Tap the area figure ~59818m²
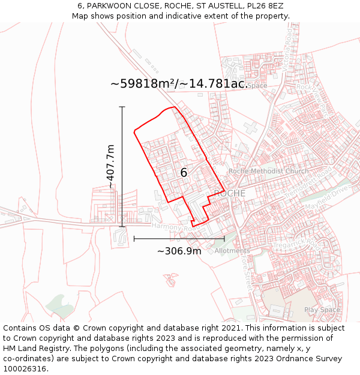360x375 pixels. pyautogui.click(x=144, y=83)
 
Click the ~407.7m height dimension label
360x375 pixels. pyautogui.click(x=110, y=167)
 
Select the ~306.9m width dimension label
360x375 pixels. pyautogui.click(x=179, y=251)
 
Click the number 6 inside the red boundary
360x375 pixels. pyautogui.click(x=184, y=173)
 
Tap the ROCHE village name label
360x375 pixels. pyautogui.click(x=230, y=193)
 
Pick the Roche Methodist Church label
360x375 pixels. pyautogui.click(x=268, y=171)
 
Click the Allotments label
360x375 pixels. pyautogui.click(x=232, y=251)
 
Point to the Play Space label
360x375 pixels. pyautogui.click(x=322, y=310)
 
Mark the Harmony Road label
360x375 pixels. pyautogui.click(x=174, y=227)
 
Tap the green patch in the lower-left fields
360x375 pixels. pyautogui.click(x=58, y=303)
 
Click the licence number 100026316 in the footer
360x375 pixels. pyautogui.click(x=26, y=368)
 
